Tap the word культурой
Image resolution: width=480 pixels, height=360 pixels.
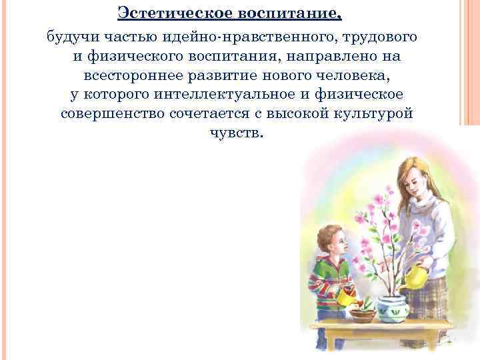(376, 113)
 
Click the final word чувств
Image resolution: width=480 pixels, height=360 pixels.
(237, 133)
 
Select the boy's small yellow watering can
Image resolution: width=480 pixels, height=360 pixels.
(347, 297)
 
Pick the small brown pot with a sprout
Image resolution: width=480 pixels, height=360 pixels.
(363, 313)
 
